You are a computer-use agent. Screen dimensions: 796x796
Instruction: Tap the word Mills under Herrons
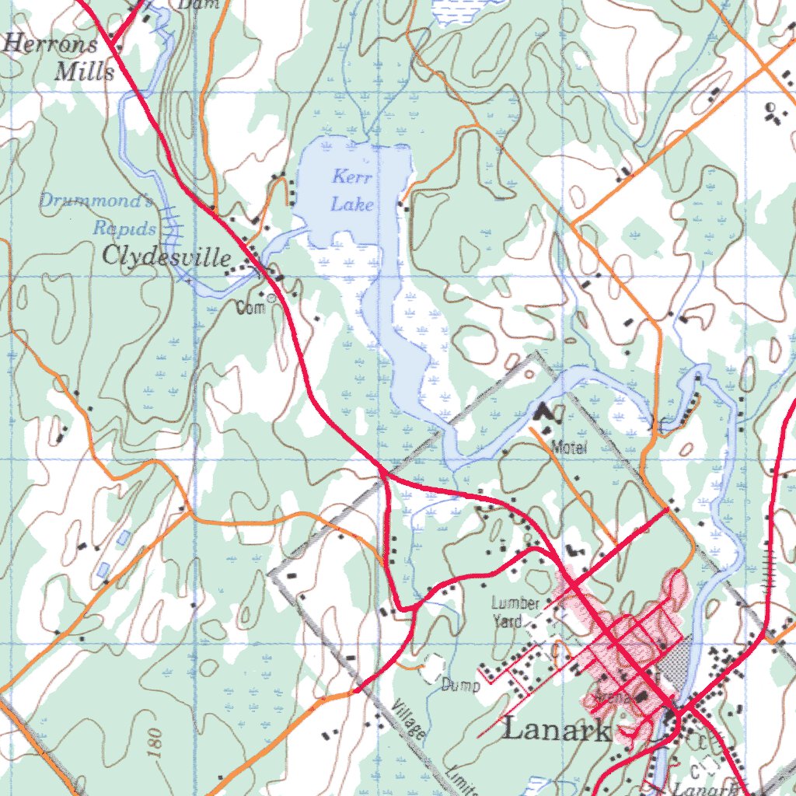point(86,72)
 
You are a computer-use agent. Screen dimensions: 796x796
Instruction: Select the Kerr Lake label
point(352,191)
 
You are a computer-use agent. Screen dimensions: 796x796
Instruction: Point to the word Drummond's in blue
point(96,202)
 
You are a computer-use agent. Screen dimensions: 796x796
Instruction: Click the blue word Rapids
point(124,229)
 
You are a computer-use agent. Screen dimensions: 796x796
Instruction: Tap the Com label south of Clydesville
point(251,308)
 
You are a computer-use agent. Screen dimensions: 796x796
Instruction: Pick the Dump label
point(460,686)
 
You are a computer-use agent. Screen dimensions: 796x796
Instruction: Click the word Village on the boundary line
point(409,720)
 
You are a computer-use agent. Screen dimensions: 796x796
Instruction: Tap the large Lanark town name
point(556,731)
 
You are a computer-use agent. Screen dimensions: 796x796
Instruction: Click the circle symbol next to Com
point(271,298)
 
